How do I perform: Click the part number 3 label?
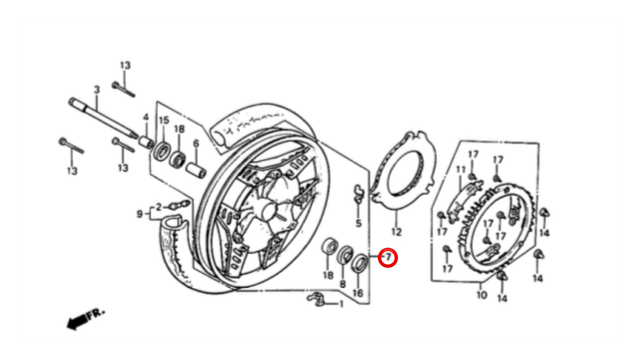pos(97,90)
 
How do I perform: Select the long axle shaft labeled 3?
pos(103,119)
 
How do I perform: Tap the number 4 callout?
pos(146,117)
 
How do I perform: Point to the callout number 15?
pos(164,120)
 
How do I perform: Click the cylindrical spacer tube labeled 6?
pos(196,170)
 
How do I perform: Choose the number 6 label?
pos(196,144)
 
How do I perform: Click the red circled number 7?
pos(388,258)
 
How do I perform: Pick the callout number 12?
pos(396,232)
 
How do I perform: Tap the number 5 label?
pos(359,223)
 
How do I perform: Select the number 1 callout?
pos(341,304)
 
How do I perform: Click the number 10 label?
pos(482,295)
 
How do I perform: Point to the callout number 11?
pos(460,170)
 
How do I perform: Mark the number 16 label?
pos(358,293)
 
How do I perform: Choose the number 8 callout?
pos(343,284)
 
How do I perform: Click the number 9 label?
pos(140,214)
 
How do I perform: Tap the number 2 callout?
pos(159,207)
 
